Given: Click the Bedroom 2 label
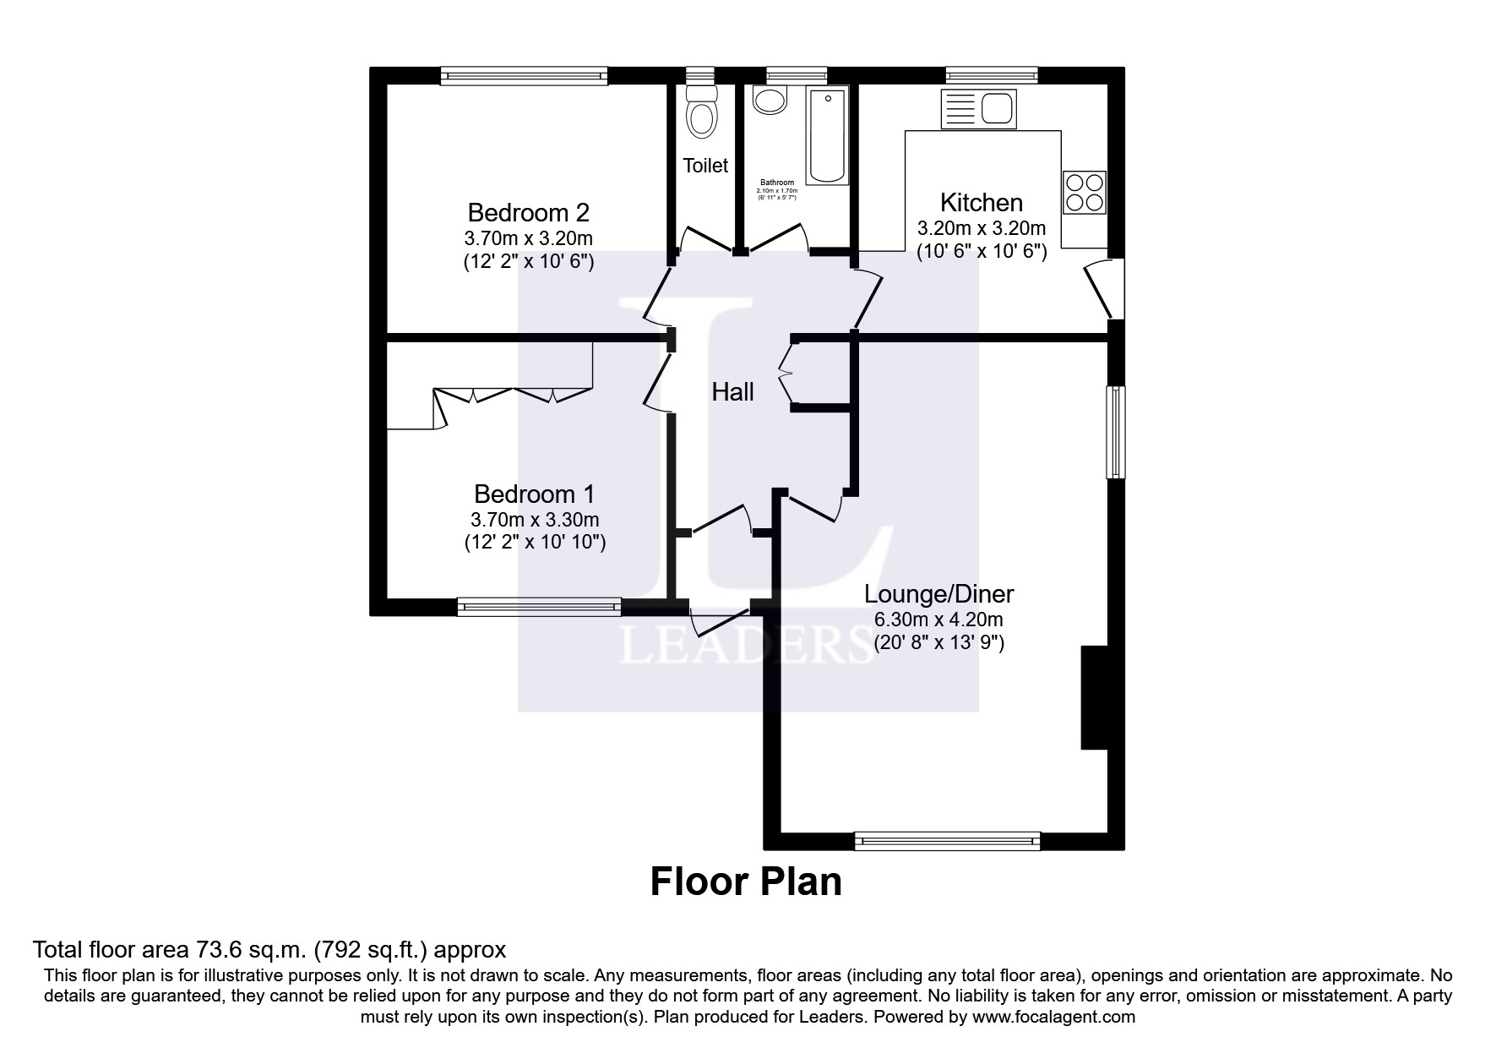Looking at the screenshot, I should pos(528,211).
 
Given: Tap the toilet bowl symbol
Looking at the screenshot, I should pos(701,115).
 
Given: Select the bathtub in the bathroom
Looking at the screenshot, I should pos(827,135).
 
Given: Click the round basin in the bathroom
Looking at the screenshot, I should pos(770,101).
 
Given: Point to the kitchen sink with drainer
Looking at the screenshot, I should pos(978,108).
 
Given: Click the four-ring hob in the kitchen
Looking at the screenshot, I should pos(1085,192).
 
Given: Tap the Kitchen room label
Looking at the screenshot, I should pos(981,203).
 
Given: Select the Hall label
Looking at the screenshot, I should pos(732,392).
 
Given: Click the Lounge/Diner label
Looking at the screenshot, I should pos(938,594).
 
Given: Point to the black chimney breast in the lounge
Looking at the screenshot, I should pos(1094,697).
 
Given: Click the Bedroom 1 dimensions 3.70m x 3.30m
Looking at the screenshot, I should pos(535,519).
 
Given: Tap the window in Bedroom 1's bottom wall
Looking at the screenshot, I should pos(539,605).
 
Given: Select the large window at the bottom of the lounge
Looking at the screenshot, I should pos(947,840).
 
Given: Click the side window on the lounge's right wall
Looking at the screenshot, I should pos(1117,432).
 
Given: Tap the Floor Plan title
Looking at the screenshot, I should pos(746,882).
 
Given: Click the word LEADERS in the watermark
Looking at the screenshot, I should pos(735,647).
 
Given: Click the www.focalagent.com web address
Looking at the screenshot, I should pos(1054,1017).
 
